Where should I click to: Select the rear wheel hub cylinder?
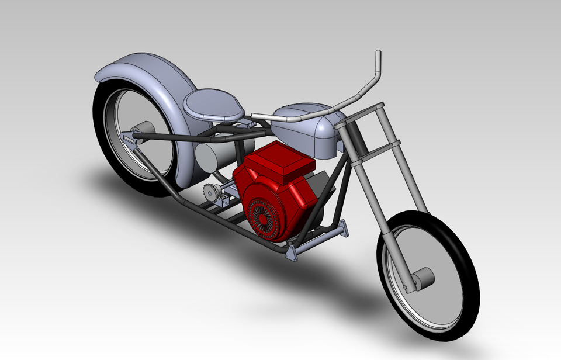tap(143, 129)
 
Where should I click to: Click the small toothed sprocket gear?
tap(211, 192)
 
